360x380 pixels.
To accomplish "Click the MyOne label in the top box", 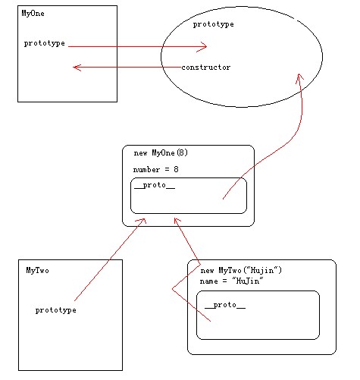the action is [x=33, y=14].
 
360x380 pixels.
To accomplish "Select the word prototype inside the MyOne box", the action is [x=45, y=43].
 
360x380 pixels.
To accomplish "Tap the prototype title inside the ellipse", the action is [x=214, y=24].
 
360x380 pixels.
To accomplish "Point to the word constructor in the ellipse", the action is [x=206, y=68].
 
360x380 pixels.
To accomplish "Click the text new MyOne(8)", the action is [x=161, y=152].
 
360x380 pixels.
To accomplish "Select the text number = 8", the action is [x=156, y=169].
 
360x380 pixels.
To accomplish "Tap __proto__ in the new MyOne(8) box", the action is [x=155, y=185].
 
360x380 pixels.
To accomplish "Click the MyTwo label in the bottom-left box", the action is [x=38, y=270].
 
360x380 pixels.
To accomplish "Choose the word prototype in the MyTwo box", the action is [x=56, y=310].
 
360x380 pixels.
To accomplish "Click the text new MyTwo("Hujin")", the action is [x=241, y=270].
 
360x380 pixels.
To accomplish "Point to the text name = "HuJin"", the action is [x=232, y=281].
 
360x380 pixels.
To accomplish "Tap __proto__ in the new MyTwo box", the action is [x=225, y=305].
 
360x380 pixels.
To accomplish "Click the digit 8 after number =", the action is [x=176, y=169].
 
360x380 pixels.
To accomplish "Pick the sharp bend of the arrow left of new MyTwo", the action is [x=172, y=289].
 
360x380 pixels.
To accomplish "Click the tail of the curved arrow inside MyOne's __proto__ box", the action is [x=223, y=199].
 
